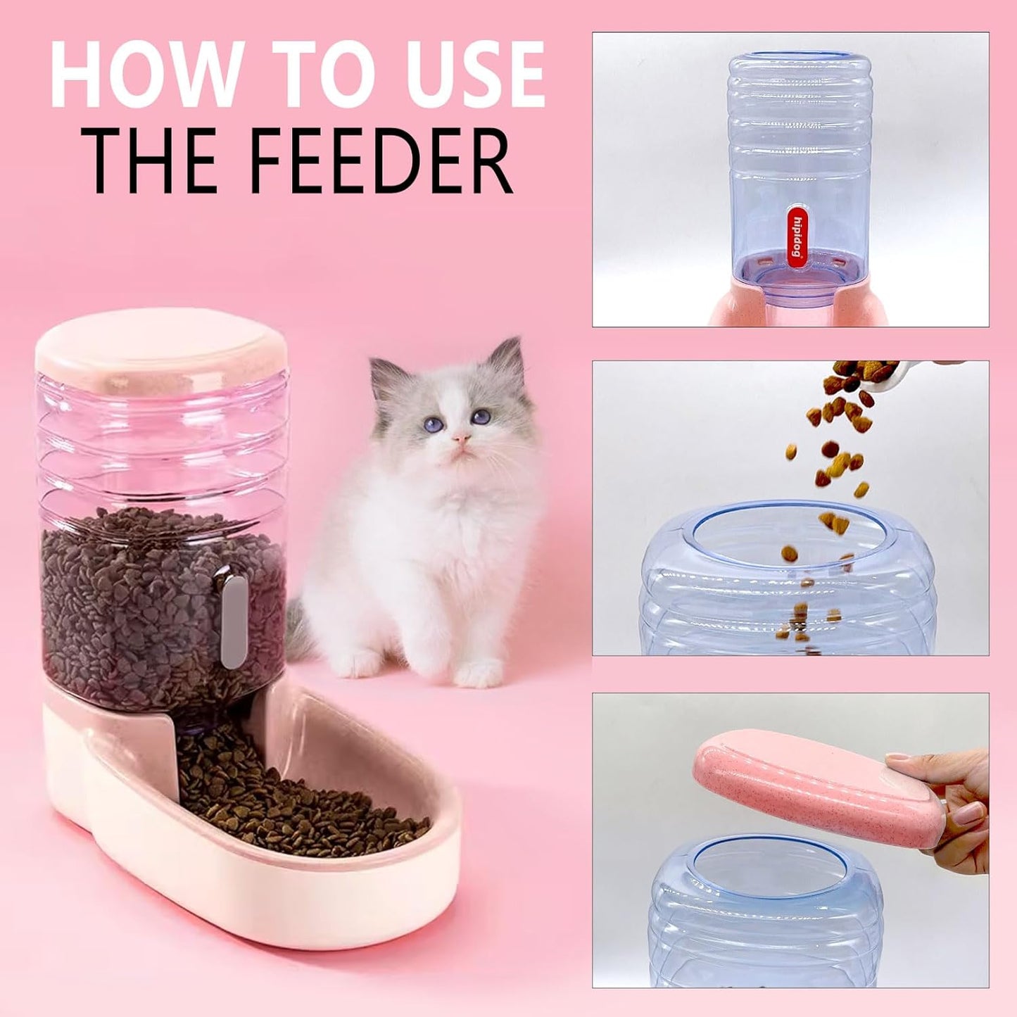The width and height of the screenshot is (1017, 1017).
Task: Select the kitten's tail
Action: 299,630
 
